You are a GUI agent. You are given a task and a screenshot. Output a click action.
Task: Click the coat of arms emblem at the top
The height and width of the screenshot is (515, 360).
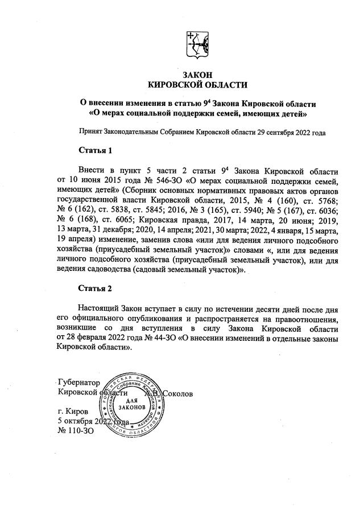coord(197,45)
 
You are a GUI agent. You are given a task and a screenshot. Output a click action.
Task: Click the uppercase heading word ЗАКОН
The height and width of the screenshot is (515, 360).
coord(197,75)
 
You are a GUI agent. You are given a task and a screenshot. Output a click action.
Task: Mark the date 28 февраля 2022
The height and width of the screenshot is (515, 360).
coord(100,339)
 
